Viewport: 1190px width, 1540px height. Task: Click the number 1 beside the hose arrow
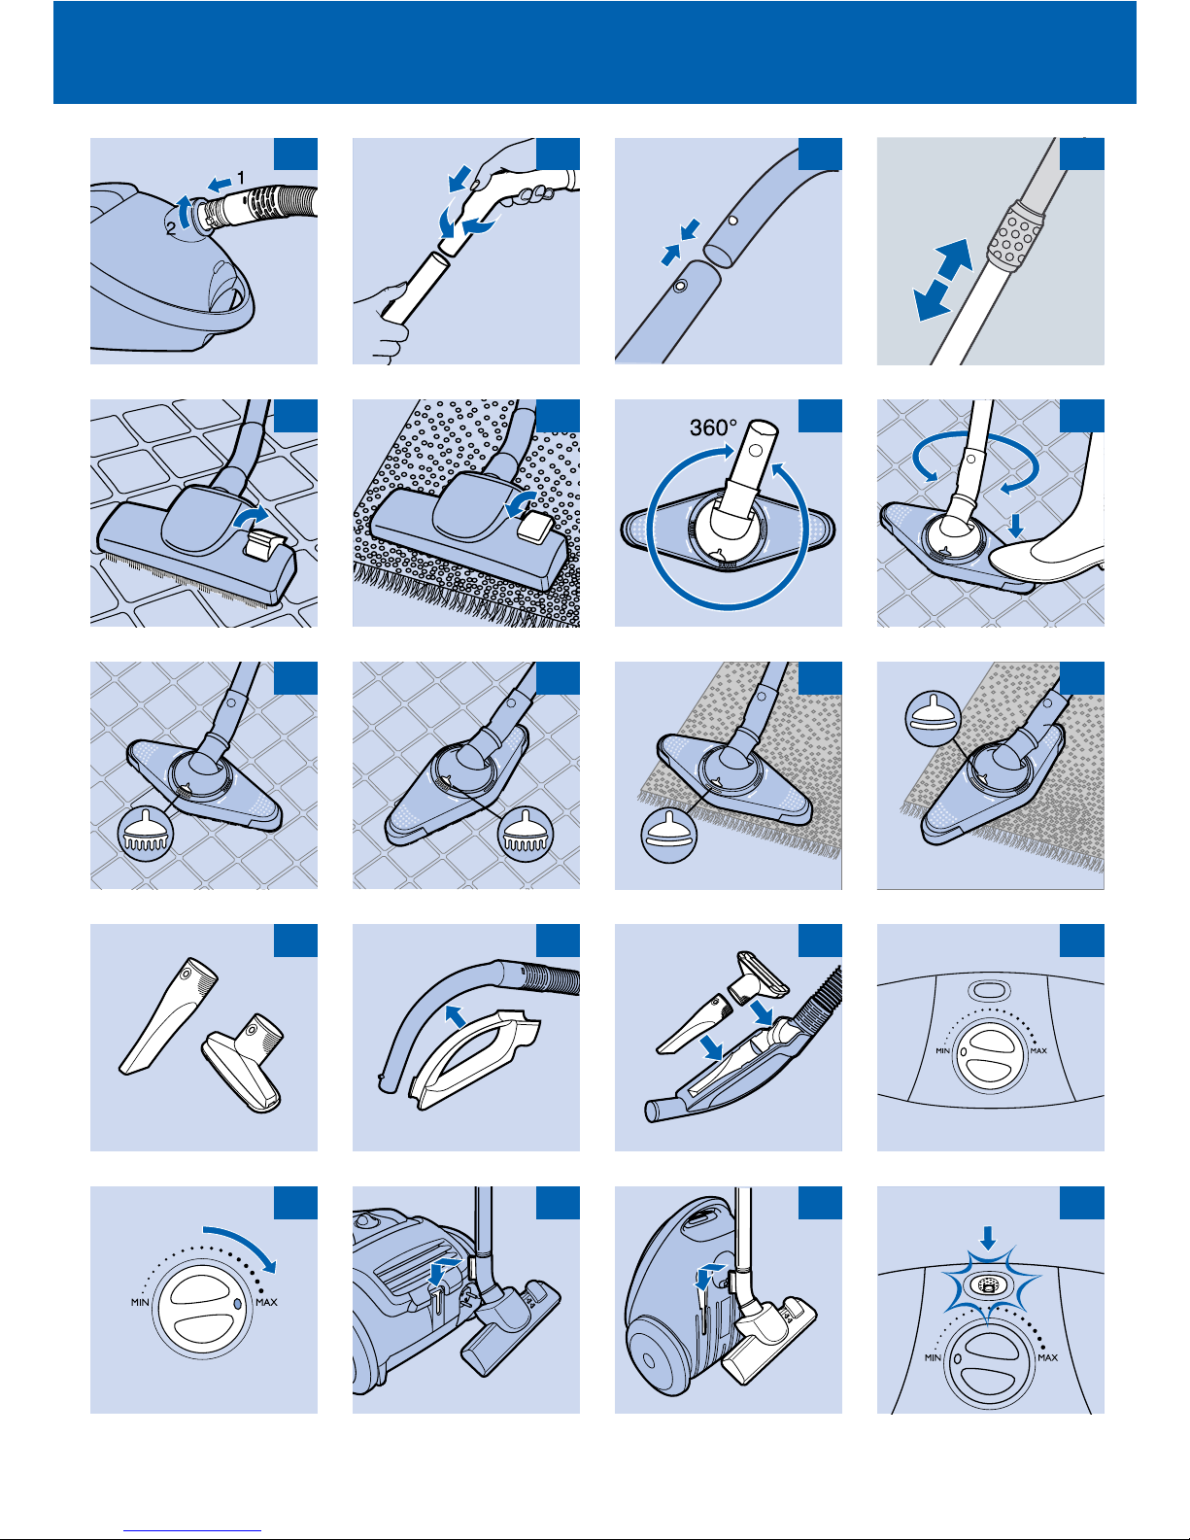pos(240,177)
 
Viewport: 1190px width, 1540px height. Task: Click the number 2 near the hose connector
pos(171,228)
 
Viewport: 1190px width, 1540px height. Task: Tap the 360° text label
pos(713,428)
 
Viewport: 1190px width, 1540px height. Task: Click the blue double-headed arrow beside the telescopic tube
pos(943,279)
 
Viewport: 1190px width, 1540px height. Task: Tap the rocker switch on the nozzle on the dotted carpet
pos(535,526)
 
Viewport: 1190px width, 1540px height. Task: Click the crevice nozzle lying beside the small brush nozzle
pos(168,1015)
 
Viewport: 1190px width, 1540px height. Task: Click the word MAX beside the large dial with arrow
pos(266,1303)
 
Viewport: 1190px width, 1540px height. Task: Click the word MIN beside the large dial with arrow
pos(140,1303)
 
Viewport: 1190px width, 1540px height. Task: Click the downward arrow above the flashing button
pos(988,1238)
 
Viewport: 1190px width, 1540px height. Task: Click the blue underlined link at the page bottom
pos(192,1529)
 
